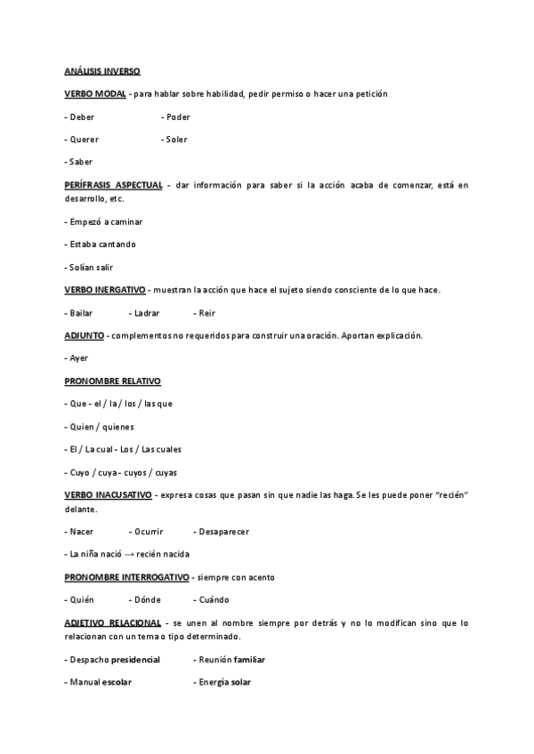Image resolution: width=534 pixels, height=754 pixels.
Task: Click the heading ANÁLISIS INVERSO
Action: click(101, 70)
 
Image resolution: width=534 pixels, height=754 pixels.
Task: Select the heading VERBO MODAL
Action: click(95, 93)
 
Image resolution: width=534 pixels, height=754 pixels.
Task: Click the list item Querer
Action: click(83, 140)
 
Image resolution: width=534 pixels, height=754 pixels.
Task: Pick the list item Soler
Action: click(175, 140)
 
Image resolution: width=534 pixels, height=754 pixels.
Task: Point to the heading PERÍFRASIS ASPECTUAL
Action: click(114, 185)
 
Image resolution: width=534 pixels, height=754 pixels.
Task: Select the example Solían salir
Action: click(89, 268)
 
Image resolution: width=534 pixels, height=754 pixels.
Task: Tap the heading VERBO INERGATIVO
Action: click(105, 291)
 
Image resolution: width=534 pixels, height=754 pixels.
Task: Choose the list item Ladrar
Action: click(144, 313)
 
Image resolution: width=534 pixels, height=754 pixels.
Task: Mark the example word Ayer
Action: click(79, 358)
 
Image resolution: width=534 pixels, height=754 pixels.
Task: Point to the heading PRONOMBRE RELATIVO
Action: click(112, 381)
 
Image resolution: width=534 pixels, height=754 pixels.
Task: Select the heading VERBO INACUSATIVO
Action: click(108, 494)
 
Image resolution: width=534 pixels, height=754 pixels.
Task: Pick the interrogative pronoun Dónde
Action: click(145, 599)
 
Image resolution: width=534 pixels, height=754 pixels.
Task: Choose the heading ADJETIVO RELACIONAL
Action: click(113, 622)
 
